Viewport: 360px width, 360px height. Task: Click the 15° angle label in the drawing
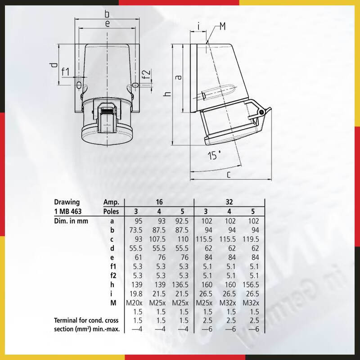click(x=215, y=156)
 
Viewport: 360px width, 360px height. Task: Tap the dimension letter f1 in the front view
click(x=65, y=72)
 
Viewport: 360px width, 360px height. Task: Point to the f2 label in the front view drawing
click(x=146, y=75)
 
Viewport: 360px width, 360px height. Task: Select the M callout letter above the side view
click(x=222, y=27)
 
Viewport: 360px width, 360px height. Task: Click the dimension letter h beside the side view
click(x=167, y=94)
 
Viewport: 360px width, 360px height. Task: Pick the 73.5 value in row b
click(x=135, y=229)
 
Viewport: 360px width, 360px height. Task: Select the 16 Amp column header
click(x=159, y=202)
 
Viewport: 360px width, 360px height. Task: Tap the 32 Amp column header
click(x=229, y=202)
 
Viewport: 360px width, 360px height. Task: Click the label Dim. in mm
click(x=71, y=220)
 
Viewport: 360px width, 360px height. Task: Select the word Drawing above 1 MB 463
click(x=67, y=202)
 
